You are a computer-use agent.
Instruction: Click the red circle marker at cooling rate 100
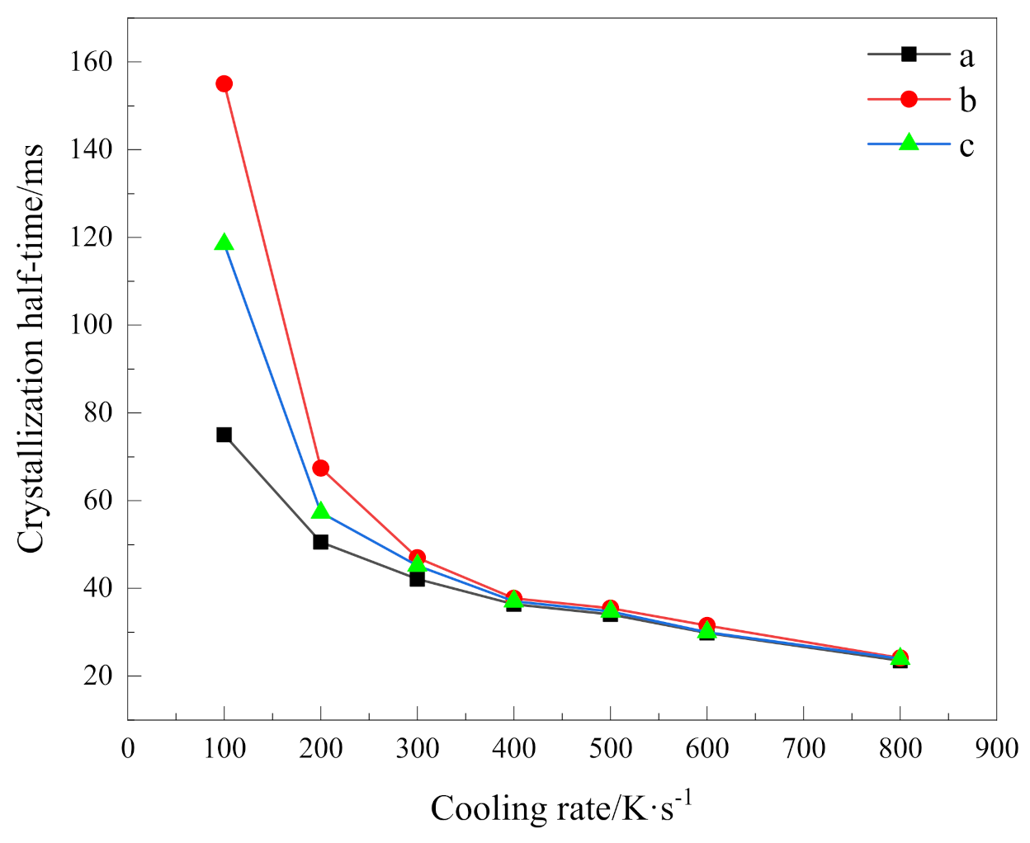tap(224, 83)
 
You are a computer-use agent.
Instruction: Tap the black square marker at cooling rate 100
tap(224, 435)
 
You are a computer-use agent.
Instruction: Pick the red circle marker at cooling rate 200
tap(321, 469)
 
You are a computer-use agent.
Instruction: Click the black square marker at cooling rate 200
tap(321, 542)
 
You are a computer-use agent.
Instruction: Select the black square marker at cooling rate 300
tap(417, 579)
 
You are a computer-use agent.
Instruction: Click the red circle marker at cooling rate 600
tap(706, 625)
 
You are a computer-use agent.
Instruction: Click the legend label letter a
tap(966, 56)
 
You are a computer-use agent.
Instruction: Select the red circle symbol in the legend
tap(908, 99)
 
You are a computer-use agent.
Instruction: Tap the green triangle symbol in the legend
tap(908, 143)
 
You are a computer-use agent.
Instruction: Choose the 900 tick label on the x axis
tap(996, 749)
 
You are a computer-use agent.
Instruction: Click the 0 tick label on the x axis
tap(128, 749)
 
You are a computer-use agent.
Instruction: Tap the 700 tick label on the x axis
tap(803, 749)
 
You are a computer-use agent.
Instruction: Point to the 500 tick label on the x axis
tap(610, 749)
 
